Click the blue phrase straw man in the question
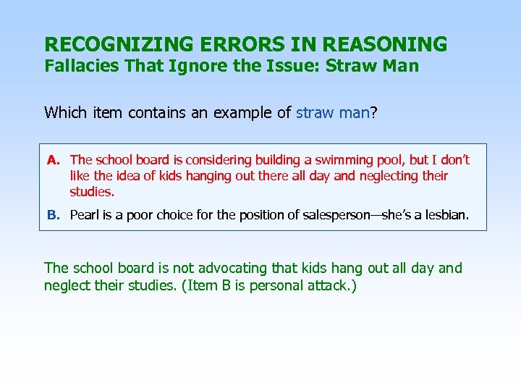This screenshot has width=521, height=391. pos(333,112)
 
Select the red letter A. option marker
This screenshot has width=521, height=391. pos(53,160)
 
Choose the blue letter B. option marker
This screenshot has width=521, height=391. pos(53,215)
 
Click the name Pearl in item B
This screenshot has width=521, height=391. pos(85,215)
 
